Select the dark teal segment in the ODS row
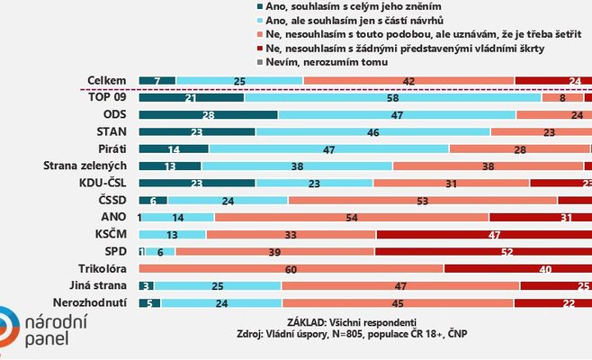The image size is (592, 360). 209,114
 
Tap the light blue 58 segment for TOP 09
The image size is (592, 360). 392,97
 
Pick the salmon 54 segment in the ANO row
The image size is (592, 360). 351,217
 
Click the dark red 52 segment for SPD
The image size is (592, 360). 483,251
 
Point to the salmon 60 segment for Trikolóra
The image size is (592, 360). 292,268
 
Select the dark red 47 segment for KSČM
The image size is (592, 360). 483,234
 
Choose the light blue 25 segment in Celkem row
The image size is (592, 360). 239,80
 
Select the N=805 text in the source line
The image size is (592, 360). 381,334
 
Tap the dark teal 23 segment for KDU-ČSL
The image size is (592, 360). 196,183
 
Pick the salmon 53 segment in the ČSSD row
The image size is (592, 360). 421,200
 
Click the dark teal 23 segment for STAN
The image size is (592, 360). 196,131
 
